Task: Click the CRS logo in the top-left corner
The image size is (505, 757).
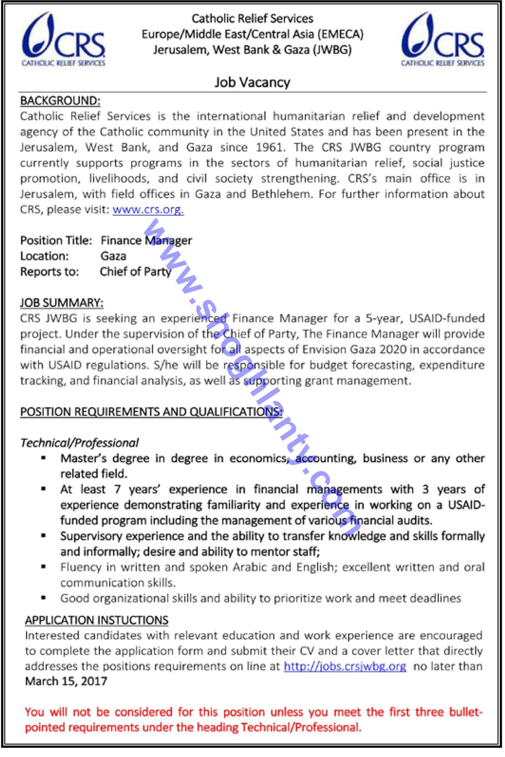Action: [64, 39]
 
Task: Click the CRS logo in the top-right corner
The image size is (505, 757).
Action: [443, 39]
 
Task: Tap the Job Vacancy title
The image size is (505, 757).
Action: [252, 83]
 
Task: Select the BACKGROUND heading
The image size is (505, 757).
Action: [60, 101]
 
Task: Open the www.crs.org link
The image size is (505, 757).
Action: [148, 210]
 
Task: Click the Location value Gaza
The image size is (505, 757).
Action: [113, 256]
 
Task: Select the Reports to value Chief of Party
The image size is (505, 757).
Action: [136, 272]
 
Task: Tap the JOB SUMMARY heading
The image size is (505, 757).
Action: [62, 303]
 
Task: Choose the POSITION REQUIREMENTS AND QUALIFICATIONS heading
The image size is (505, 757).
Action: [151, 412]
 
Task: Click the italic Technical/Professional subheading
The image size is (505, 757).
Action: [79, 443]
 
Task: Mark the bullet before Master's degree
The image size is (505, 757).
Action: [43, 457]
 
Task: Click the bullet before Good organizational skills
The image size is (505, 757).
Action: [43, 598]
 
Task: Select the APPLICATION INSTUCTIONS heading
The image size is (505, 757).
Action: [97, 620]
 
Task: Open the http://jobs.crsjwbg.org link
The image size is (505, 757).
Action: [345, 666]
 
